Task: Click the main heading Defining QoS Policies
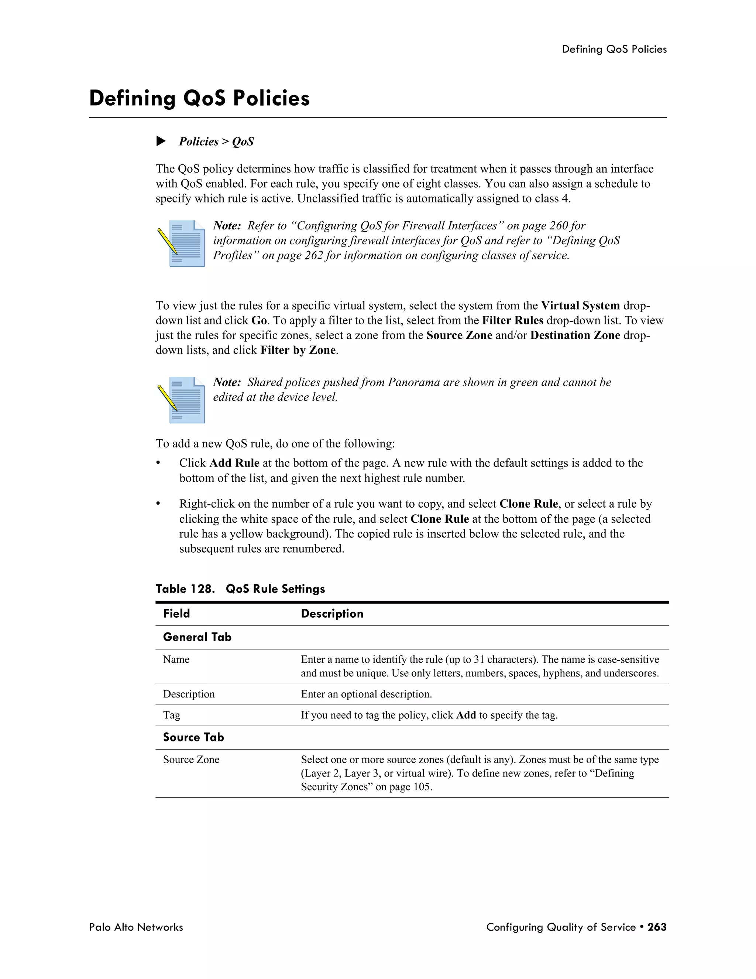[199, 99]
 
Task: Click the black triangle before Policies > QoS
[161, 141]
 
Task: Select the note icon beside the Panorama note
[181, 400]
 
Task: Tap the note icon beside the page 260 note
[181, 243]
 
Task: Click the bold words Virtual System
[580, 306]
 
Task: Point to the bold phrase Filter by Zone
[298, 350]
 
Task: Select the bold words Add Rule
[234, 463]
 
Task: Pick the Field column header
[176, 614]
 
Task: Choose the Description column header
[332, 614]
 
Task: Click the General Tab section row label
[197, 637]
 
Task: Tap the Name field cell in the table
[176, 659]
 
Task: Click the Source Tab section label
[193, 737]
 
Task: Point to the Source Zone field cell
[191, 760]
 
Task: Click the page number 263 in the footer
[657, 927]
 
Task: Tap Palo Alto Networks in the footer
[136, 927]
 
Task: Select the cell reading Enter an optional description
[366, 695]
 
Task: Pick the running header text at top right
[614, 49]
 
